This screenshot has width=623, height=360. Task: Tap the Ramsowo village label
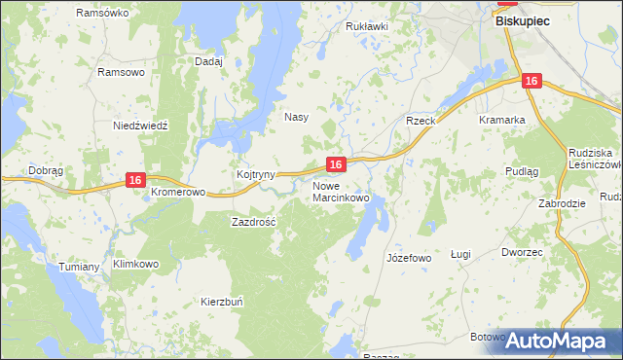[122, 72]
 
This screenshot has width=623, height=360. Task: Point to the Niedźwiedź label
[141, 126]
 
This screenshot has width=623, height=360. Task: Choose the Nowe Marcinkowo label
[341, 192]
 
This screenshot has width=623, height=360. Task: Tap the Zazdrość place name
[253, 222]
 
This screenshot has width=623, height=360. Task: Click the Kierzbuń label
[223, 302]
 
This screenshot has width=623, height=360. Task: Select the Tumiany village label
[80, 267]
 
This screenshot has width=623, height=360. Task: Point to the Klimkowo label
[135, 264]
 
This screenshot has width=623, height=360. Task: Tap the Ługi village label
[460, 254]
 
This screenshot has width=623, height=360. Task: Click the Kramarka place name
[502, 120]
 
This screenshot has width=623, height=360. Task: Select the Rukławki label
[367, 26]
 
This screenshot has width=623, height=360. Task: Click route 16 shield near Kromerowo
[135, 180]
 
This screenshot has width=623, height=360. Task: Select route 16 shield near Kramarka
[531, 83]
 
